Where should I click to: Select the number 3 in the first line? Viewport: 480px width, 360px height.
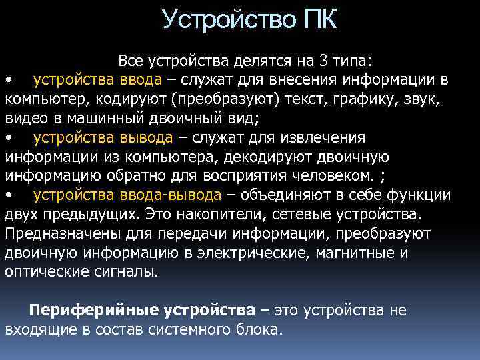click(323, 62)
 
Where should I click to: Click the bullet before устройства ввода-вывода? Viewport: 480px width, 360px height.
click(9, 196)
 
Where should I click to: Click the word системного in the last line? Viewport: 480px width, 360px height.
click(179, 330)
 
